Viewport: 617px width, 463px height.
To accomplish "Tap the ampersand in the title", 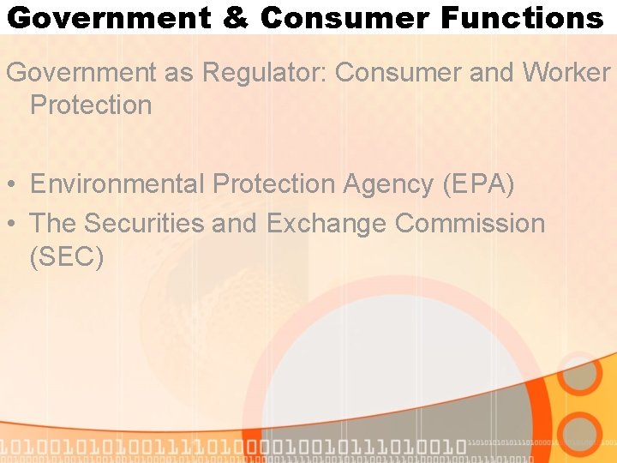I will coord(236,17).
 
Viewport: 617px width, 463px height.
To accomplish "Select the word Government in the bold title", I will coord(109,17).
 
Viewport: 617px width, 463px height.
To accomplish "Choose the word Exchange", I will coord(326,223).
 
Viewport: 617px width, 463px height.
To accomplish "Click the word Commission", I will coord(470,223).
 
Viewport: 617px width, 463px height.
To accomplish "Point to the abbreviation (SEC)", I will coord(67,256).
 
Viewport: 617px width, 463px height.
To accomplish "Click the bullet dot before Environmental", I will coord(12,184).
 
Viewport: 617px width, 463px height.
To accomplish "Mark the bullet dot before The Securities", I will coord(12,224).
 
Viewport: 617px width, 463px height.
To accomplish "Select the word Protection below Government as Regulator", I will coord(90,105).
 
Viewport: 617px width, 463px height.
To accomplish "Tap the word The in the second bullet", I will coord(53,223).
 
